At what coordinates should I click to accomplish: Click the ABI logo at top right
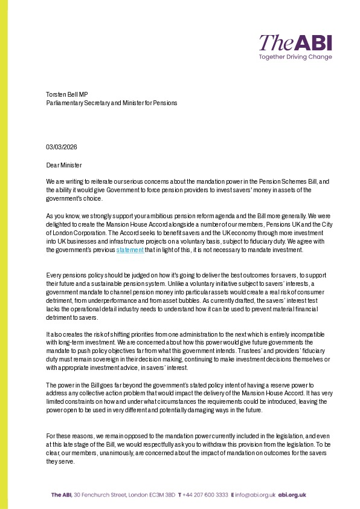click(x=295, y=42)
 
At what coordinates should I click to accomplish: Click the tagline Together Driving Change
click(x=295, y=57)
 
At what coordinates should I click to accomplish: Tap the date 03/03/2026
click(x=62, y=147)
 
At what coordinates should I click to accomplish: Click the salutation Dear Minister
click(x=64, y=165)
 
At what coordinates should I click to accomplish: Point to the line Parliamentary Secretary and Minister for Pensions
click(x=112, y=103)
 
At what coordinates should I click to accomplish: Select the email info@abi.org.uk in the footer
click(x=257, y=494)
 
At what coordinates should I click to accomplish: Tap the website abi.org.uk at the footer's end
click(x=294, y=494)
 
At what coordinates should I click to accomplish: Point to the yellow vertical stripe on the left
click(x=4, y=254)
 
